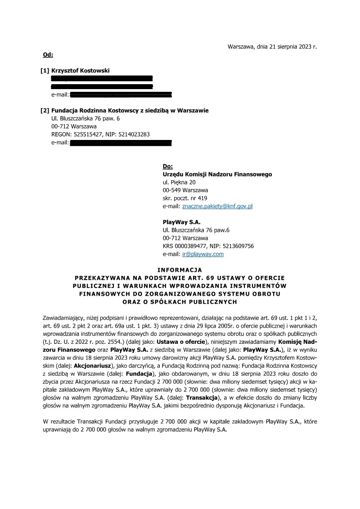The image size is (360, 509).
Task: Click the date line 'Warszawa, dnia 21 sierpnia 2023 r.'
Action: [272, 46]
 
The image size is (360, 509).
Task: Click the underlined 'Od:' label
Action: [48, 55]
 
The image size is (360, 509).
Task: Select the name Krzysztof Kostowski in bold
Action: [80, 71]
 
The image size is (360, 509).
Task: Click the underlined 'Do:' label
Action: [167, 166]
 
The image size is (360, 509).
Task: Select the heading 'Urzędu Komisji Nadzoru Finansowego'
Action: [217, 174]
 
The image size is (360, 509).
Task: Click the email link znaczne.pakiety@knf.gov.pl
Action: [217, 206]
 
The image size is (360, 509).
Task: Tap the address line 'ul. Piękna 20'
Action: [179, 182]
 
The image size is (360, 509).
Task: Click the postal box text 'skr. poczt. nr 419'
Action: [185, 198]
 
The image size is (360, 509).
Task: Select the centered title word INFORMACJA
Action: [180, 270]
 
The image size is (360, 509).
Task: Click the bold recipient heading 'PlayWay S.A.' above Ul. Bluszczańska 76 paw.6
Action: [181, 222]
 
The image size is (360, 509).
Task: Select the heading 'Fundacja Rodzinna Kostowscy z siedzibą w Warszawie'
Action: [130, 110]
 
